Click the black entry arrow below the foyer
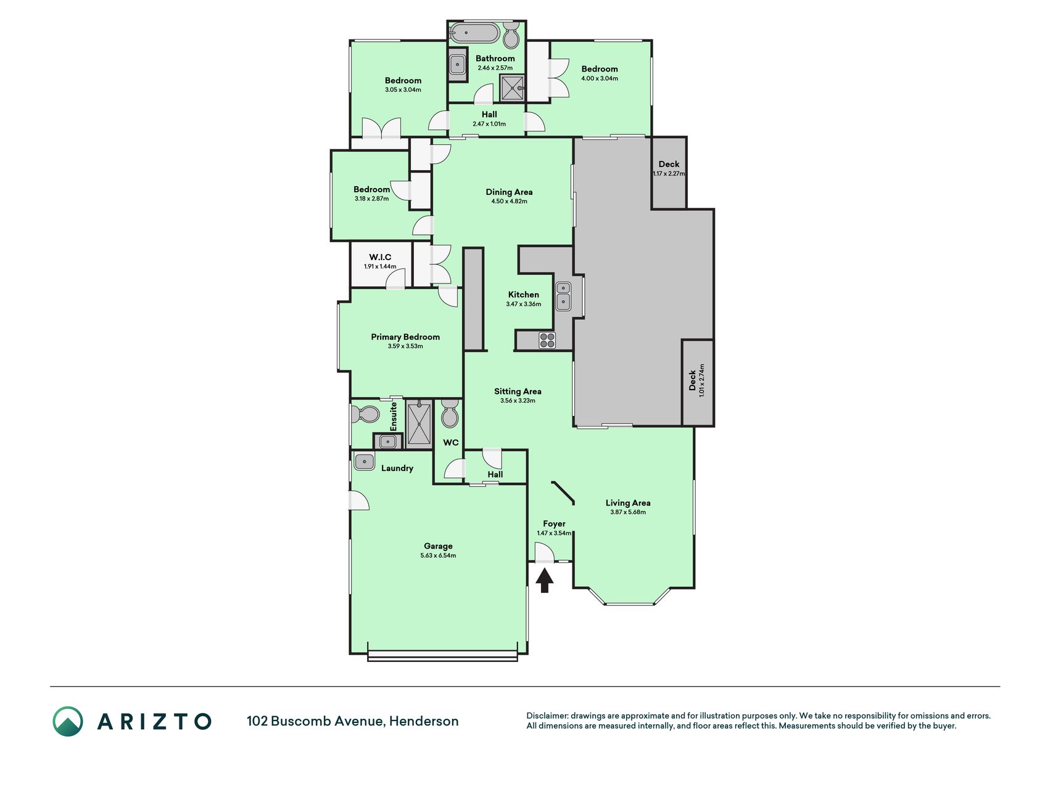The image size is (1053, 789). coord(544,581)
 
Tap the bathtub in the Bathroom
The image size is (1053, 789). coord(474,33)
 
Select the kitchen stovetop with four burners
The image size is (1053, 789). coord(547,340)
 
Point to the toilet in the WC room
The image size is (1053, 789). coord(450,414)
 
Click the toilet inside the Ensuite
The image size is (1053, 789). coord(365,414)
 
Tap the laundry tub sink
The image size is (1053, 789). coord(364,461)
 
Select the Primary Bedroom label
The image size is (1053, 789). coord(405,337)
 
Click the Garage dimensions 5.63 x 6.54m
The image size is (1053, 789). coord(438,555)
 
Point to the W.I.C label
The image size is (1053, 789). coord(380,257)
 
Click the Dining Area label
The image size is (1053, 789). coord(509,192)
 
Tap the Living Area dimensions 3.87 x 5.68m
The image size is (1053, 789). coord(628,512)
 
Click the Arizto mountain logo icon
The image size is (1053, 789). coord(68,721)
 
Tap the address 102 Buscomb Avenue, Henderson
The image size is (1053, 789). coord(353,721)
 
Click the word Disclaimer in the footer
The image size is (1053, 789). coord(547,716)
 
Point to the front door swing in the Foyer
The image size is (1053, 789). coord(544,552)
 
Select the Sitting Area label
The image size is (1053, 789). coord(518,391)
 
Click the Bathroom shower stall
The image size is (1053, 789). coord(513,88)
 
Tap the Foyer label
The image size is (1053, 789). coord(554,523)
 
